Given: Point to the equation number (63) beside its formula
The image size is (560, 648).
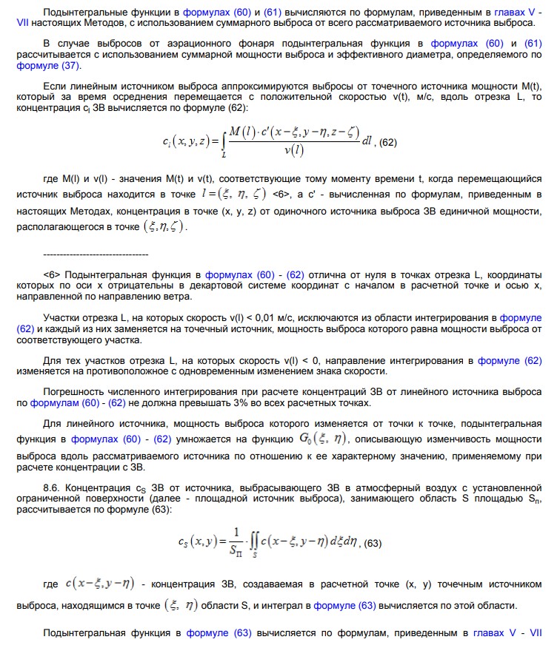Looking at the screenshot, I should pos(370,543).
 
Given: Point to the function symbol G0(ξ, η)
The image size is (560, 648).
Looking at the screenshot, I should pos(323,439).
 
